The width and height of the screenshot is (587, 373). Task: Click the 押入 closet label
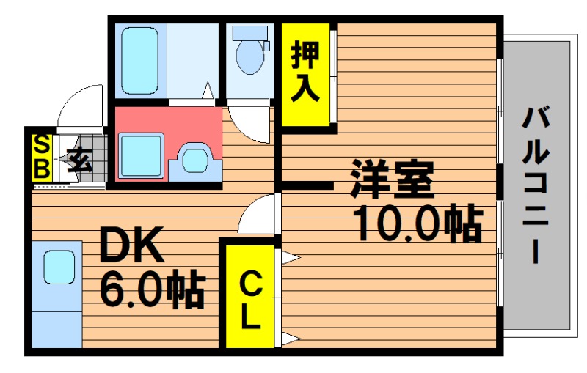pyautogui.click(x=305, y=71)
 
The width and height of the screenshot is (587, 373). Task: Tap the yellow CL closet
pyautogui.click(x=250, y=297)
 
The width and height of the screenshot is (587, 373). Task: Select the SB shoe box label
pyautogui.click(x=42, y=158)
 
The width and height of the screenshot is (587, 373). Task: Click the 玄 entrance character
pyautogui.click(x=80, y=160)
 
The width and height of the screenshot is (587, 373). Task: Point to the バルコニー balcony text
pyautogui.click(x=536, y=185)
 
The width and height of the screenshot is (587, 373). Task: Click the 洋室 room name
pyautogui.click(x=392, y=180)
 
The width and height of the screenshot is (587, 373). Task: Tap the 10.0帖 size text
pyautogui.click(x=418, y=223)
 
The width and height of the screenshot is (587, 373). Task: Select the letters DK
pyautogui.click(x=131, y=245)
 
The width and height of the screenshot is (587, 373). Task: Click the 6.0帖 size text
pyautogui.click(x=153, y=291)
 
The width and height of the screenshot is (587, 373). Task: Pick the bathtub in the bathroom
pyautogui.click(x=139, y=60)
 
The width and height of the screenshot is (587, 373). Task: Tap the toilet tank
pyautogui.click(x=249, y=33)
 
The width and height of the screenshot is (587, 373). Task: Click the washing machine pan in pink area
pyautogui.click(x=142, y=155)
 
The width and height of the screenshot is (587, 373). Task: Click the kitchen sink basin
pyautogui.click(x=59, y=267)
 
